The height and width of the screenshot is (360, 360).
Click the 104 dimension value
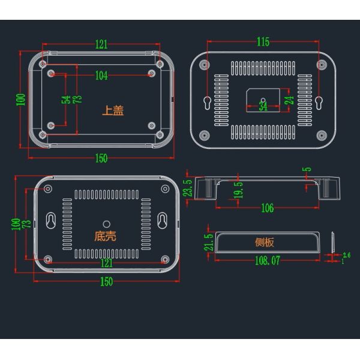coord(101,76)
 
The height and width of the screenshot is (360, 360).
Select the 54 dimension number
coord(66,100)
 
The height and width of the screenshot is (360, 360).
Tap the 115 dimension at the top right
coord(263,42)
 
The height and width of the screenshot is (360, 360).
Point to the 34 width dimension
coord(263,107)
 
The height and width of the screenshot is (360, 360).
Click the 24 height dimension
coord(290,100)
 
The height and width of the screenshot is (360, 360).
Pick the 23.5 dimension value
coord(188,188)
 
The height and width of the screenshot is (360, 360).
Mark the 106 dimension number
coord(268,208)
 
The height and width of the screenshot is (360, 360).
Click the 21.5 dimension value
coord(208,242)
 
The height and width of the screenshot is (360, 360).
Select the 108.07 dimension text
coord(268,260)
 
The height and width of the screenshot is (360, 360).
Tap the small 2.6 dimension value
coord(346,255)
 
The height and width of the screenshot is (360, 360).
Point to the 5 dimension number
coord(307,169)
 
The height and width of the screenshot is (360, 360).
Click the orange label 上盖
coord(113,110)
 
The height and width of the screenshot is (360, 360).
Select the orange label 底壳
coord(106,236)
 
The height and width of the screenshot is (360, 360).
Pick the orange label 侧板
coord(264,242)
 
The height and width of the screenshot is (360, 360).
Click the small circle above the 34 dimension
coord(263,100)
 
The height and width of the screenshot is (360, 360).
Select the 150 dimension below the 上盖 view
coord(101,158)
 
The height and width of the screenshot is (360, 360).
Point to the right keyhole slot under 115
coord(319,103)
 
